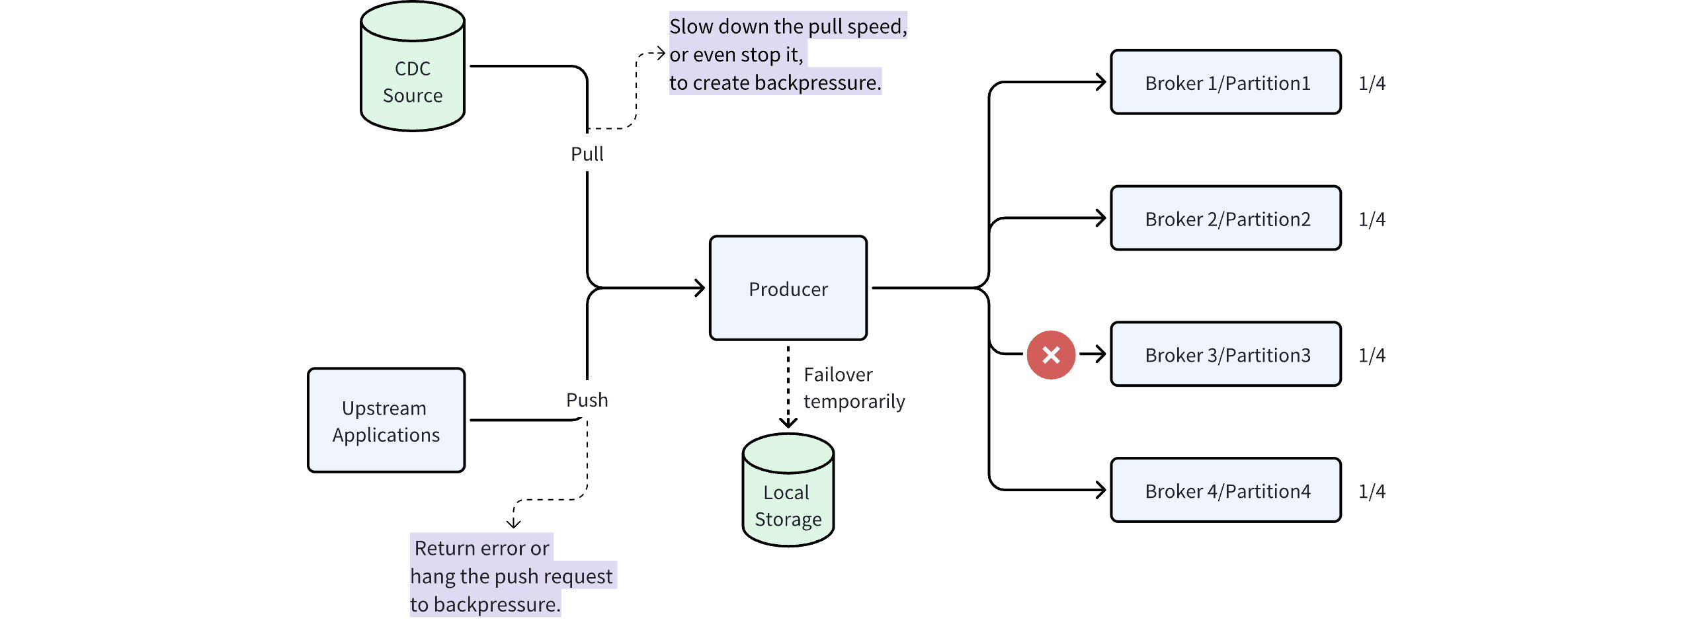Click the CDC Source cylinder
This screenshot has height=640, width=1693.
pos(413,73)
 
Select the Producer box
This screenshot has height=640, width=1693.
pos(788,288)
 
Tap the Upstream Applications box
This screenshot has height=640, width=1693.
pos(386,420)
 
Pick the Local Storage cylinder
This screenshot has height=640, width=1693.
pos(788,496)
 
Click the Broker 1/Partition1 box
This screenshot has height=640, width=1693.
pos(1225,83)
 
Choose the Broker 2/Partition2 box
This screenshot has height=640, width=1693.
pos(1225,219)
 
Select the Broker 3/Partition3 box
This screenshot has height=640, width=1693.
pos(1225,355)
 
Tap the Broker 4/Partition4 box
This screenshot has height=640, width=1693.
pos(1225,491)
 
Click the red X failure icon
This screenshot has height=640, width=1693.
pos(1051,355)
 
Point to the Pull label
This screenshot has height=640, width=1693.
pos(587,154)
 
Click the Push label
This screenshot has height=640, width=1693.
pos(587,400)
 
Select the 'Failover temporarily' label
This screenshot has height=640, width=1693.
pos(853,388)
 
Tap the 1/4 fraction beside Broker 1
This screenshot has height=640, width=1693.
pos(1372,83)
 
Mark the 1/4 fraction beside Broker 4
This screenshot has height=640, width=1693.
pos(1372,491)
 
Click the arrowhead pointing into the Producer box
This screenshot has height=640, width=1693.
pos(700,288)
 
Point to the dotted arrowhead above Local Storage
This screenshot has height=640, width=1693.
pos(788,422)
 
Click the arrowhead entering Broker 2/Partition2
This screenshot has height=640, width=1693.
pos(1100,218)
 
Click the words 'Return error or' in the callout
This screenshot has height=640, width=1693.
pos(481,548)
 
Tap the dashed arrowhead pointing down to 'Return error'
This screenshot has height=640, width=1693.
pos(514,523)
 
